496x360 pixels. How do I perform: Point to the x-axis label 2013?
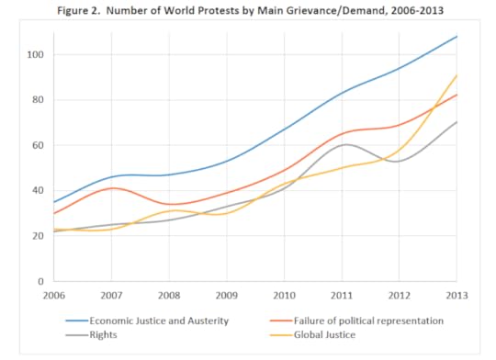point(457,297)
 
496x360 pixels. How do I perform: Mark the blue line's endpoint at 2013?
point(457,37)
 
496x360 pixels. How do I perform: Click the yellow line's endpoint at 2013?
point(457,76)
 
